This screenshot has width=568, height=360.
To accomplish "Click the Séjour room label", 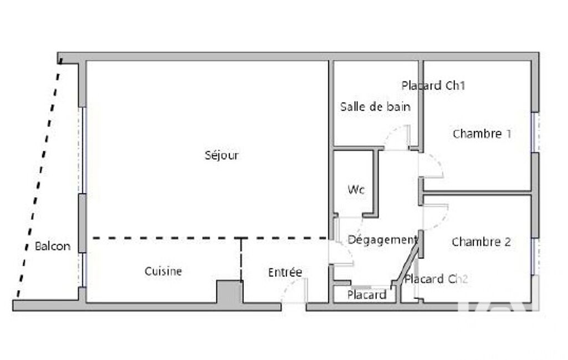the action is [x=221, y=156].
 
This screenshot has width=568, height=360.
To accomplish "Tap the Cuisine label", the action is [x=163, y=271].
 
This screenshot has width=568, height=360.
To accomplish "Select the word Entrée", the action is [x=285, y=272].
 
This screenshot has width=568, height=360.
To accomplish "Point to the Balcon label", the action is [x=53, y=246].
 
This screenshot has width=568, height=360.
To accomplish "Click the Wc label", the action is [x=356, y=189].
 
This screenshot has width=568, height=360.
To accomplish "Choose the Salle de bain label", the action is [x=375, y=106].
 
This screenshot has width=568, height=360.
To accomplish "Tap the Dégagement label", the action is [x=382, y=240].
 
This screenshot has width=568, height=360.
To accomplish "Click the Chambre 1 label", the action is [x=482, y=133].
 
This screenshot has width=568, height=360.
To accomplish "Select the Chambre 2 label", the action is [x=482, y=241].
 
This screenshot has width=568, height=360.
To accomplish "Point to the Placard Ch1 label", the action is [x=433, y=85].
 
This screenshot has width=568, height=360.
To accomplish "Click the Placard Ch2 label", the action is [x=436, y=279].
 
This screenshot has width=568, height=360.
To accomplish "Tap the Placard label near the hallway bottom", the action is [x=367, y=295].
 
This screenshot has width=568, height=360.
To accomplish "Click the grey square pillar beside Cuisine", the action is [x=229, y=291].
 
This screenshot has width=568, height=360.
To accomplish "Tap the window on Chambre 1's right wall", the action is [x=535, y=132].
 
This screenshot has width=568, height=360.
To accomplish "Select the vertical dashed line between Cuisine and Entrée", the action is [x=241, y=259].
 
